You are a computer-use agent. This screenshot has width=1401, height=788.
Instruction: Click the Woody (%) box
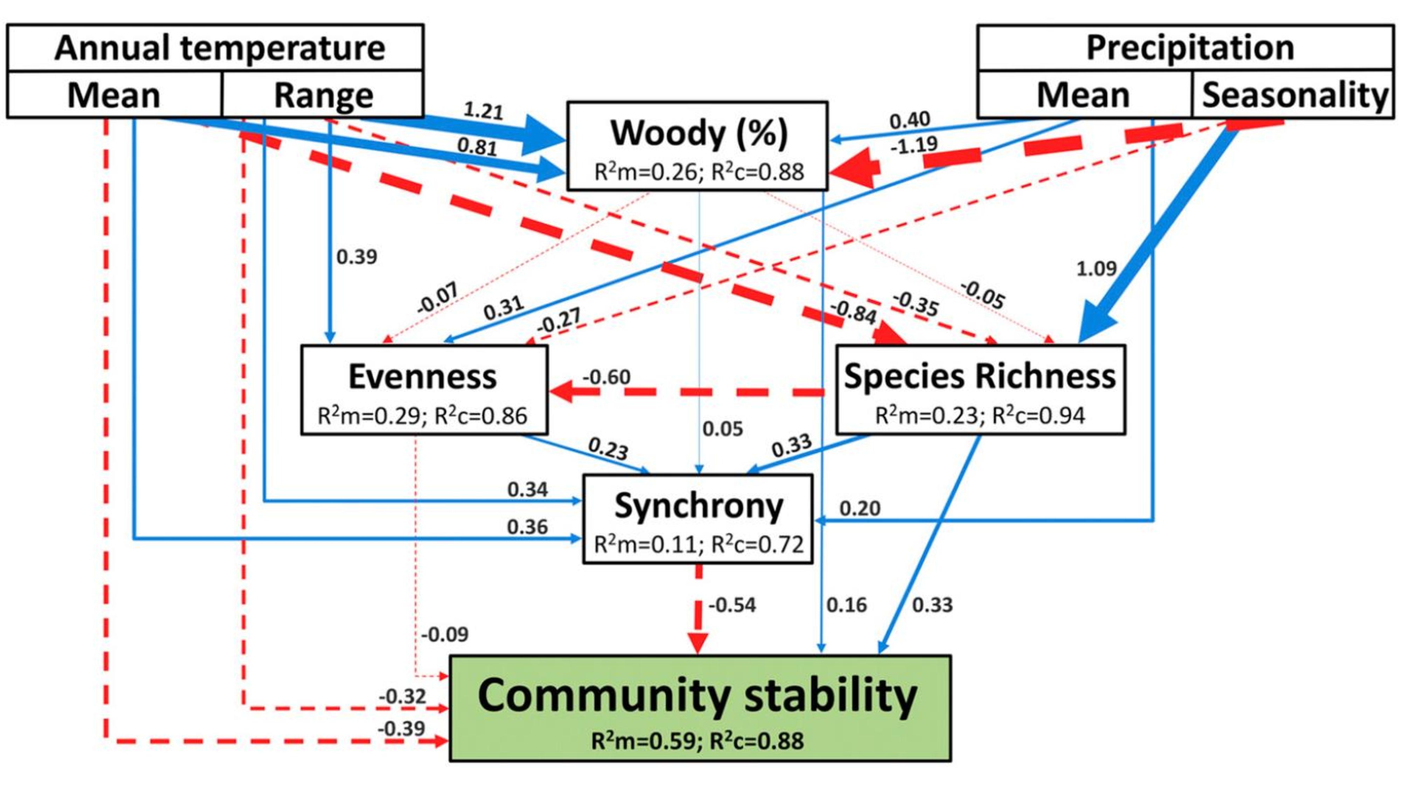697,146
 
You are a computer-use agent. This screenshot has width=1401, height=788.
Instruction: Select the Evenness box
424,390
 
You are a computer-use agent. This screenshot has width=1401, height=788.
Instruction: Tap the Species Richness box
980,390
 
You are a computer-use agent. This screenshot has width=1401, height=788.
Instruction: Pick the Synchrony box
698,518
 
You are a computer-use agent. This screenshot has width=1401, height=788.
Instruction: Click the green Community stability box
700,707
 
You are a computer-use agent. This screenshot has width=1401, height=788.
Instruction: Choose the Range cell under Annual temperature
323,94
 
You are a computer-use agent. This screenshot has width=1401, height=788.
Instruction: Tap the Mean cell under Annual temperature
114,94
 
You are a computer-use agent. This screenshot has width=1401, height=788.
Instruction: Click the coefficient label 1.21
483,110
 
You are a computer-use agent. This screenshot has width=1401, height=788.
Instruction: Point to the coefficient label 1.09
1096,268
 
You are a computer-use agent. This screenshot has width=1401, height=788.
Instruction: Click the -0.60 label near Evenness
606,377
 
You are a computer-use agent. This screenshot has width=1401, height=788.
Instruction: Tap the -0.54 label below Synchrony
732,605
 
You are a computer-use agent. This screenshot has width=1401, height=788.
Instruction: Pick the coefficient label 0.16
846,605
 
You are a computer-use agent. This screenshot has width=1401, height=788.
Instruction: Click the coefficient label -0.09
444,634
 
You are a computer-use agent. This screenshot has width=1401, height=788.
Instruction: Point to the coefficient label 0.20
860,509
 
